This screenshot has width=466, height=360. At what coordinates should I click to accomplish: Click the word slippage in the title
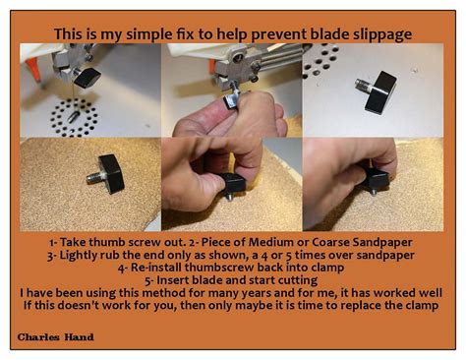(x=378, y=35)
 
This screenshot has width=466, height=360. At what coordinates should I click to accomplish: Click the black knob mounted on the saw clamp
(x=89, y=76)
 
